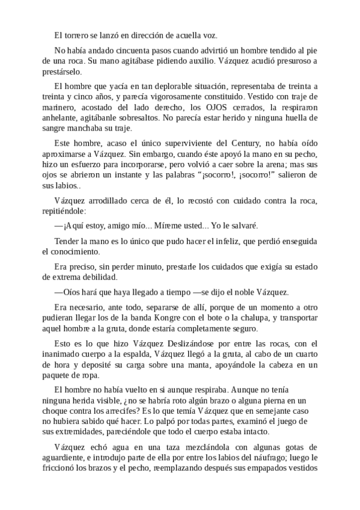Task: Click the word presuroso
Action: [x=285, y=61]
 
